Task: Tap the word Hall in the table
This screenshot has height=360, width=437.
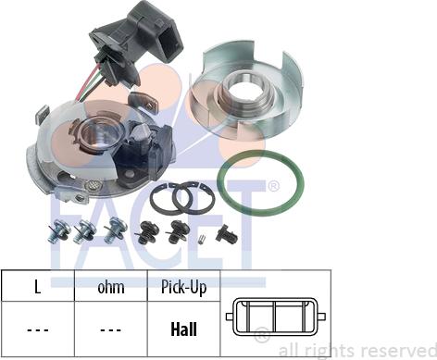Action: pos(183,329)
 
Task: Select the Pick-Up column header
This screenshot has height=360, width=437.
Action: pos(183,288)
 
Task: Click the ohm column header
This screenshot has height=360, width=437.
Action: pos(111,287)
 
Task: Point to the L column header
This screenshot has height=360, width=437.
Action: pos(37,287)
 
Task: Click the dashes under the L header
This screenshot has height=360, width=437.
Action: pos(38,330)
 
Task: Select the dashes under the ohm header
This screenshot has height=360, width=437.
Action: pos(111,330)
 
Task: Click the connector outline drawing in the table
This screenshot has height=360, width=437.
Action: pos(276,317)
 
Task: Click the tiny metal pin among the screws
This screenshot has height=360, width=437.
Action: pos(201,239)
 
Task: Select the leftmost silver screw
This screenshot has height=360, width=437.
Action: pos(58,231)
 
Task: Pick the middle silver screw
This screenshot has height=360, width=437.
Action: pos(84,232)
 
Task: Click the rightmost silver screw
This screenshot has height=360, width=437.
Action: pos(115,230)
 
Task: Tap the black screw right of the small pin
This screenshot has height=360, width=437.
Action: pos(227,234)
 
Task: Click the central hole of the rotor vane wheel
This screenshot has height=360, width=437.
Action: pos(246,89)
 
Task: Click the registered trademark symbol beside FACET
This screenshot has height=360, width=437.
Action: pos(273,186)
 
